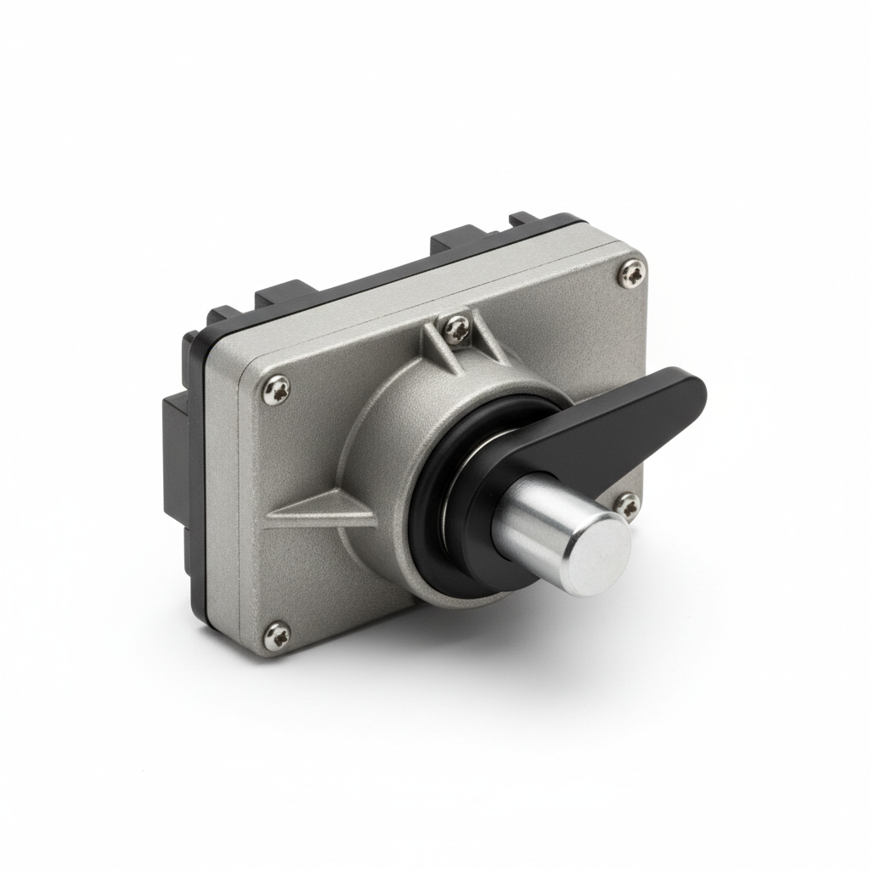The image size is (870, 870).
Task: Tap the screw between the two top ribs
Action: (x=457, y=325)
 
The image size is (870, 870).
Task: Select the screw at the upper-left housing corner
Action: (x=277, y=388)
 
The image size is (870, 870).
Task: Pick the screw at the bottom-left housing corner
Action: (x=276, y=632)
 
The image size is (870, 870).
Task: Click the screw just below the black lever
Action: (x=626, y=506)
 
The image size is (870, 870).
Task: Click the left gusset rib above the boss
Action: (x=433, y=349)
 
